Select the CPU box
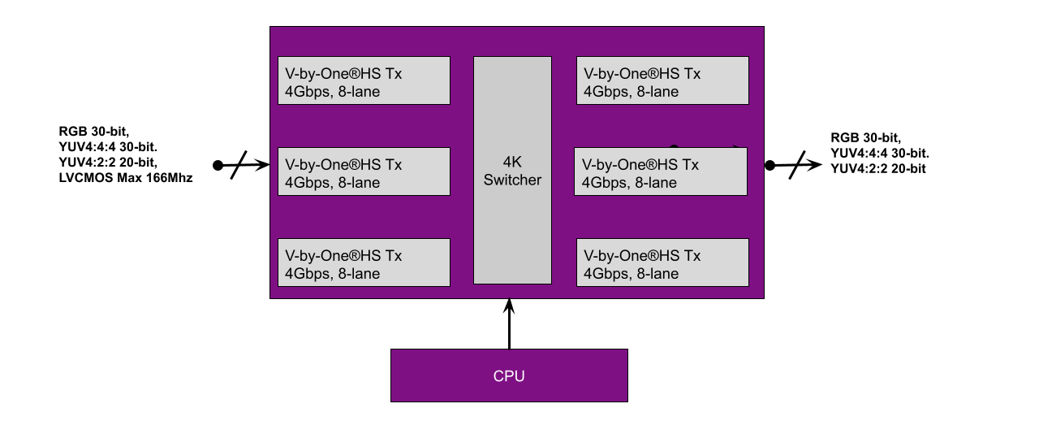509,375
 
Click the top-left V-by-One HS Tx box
364,80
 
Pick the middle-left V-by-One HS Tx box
364,171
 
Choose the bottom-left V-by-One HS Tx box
364,263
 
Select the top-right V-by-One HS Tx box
662,80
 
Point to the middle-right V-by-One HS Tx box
661,171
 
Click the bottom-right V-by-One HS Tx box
662,263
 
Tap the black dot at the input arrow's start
218,165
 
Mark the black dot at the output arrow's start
770,165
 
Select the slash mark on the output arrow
797,165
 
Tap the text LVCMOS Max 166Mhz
125,178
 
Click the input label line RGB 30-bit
94,131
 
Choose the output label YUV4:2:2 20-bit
878,168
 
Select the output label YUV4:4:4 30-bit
880,153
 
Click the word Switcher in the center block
512,180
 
